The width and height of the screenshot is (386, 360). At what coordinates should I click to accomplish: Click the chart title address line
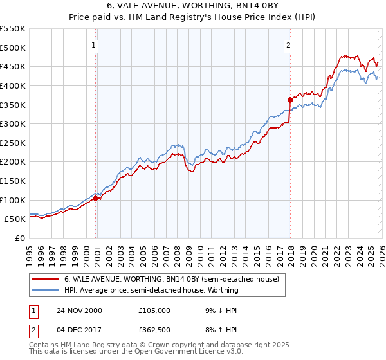[192, 6]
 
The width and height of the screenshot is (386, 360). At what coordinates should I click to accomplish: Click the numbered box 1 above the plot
[95, 45]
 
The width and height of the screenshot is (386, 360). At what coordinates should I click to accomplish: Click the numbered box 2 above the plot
[289, 45]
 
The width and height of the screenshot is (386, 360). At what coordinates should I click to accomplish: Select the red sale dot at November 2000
[96, 198]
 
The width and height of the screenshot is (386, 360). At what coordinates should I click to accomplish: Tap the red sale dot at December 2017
[290, 100]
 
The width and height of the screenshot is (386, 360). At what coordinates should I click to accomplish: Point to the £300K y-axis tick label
[13, 123]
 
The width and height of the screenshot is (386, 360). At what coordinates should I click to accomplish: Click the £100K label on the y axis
[13, 200]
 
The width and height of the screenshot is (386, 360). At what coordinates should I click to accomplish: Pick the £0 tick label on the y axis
[19, 238]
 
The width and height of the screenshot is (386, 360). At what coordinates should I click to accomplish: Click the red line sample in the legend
[45, 280]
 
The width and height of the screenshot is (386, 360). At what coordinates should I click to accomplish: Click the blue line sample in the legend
[45, 290]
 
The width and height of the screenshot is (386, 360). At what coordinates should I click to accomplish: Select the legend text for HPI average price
[151, 290]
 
